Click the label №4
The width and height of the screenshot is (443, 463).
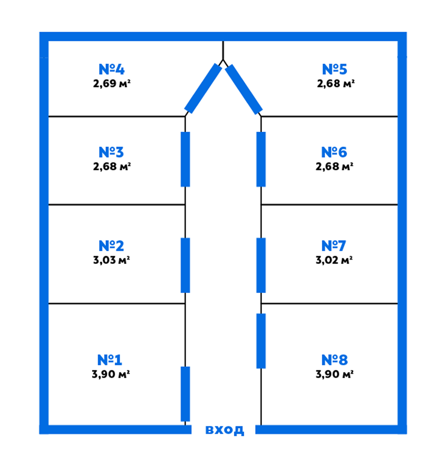[111, 69]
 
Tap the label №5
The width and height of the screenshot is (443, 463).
[334, 69]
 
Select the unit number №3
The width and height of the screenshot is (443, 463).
[111, 152]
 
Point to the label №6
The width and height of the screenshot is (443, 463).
[334, 152]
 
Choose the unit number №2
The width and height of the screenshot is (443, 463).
[111, 246]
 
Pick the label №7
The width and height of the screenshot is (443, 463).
[333, 246]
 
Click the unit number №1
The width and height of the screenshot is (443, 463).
[110, 360]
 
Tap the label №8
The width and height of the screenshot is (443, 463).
[334, 360]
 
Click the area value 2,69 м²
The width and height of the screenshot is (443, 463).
[112, 84]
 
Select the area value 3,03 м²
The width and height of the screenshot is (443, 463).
[111, 260]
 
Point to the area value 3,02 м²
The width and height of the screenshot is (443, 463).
[334, 260]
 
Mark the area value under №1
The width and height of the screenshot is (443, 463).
[110, 374]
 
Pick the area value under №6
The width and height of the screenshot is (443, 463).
[334, 166]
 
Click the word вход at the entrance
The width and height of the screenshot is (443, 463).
[225, 430]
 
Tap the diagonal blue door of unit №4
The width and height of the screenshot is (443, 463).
[203, 89]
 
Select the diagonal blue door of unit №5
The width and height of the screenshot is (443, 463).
[244, 89]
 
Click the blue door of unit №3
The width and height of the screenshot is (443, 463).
[185, 159]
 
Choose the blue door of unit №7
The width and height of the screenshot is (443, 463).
[261, 265]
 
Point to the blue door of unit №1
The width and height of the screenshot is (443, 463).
[185, 394]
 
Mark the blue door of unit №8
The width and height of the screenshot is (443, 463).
[261, 341]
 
